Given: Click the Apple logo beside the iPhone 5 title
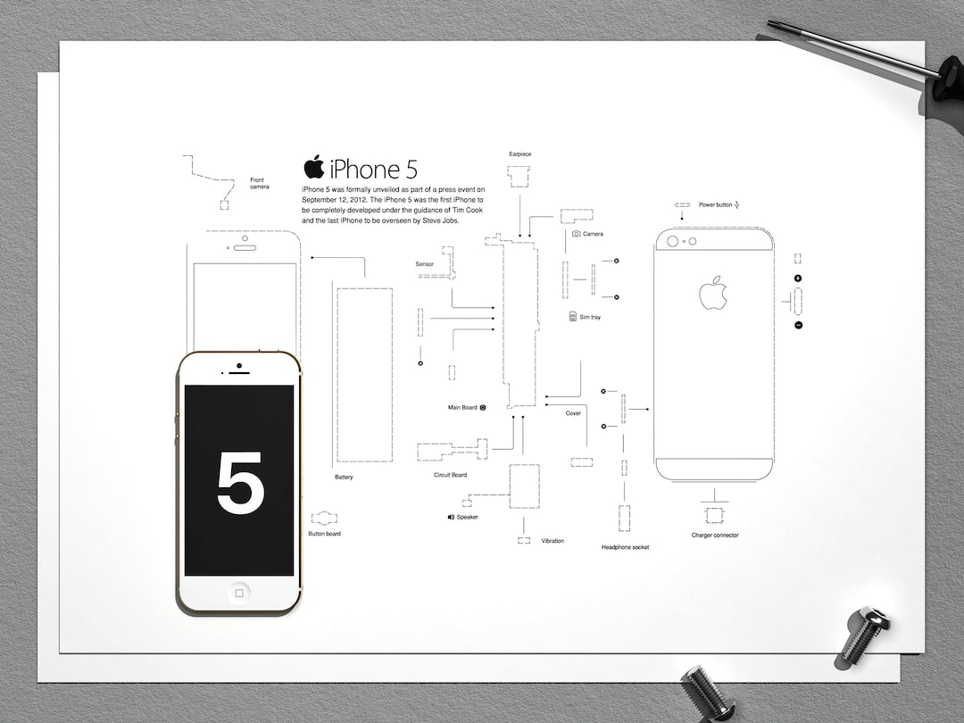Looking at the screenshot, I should (x=313, y=166).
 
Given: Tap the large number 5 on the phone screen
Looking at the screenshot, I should (x=240, y=483).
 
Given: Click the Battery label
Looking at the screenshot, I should (x=344, y=478).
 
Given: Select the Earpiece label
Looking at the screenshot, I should (x=519, y=154).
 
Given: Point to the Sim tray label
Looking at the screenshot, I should (x=590, y=317).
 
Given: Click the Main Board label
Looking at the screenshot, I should (x=462, y=408).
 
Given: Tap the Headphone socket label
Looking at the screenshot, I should (x=625, y=547).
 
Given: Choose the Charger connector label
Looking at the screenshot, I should (x=715, y=536).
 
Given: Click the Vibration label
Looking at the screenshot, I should (x=553, y=541).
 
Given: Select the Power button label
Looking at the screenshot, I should (x=715, y=204).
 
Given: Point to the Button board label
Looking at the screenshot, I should (x=324, y=534).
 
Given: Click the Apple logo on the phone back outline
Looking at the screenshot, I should (x=713, y=293).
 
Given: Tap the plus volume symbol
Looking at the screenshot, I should (x=798, y=278).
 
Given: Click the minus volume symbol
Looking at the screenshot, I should (x=798, y=325).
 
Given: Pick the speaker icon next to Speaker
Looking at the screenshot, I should (x=452, y=517).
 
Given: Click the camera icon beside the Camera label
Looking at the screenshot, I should (x=577, y=234).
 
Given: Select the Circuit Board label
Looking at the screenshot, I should (x=450, y=475).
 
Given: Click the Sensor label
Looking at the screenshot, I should (x=424, y=264).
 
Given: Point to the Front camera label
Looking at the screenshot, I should (x=259, y=184).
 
